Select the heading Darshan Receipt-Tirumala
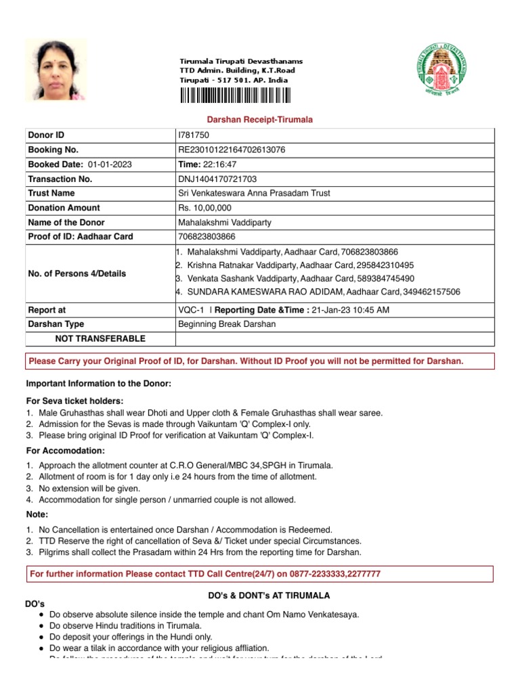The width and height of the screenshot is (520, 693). click(259, 120)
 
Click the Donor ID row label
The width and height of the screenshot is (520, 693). click(46, 135)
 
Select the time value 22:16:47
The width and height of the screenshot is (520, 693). click(217, 164)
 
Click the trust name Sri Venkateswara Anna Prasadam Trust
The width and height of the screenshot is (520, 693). click(253, 194)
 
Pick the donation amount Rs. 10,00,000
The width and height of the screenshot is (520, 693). click(204, 208)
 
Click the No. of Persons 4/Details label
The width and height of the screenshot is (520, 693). click(77, 273)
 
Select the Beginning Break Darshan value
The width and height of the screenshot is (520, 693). click(226, 324)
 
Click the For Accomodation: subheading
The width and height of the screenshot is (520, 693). click(65, 451)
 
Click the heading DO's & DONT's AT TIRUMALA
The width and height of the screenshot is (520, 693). click(268, 596)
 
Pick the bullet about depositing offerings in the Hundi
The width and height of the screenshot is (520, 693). click(131, 637)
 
